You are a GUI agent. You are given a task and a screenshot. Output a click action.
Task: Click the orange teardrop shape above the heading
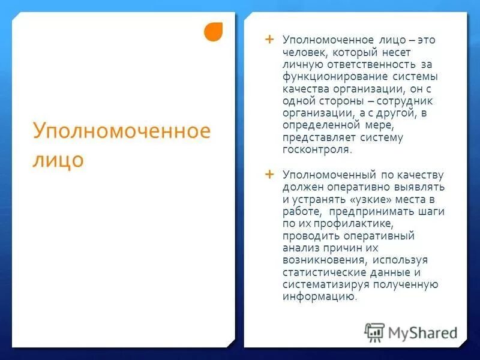point(213,32)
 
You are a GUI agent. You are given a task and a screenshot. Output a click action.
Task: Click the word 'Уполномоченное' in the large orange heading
point(121,131)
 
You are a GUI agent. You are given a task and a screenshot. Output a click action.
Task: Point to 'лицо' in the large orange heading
point(58,160)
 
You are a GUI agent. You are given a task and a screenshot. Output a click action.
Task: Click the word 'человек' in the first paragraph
point(304,53)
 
